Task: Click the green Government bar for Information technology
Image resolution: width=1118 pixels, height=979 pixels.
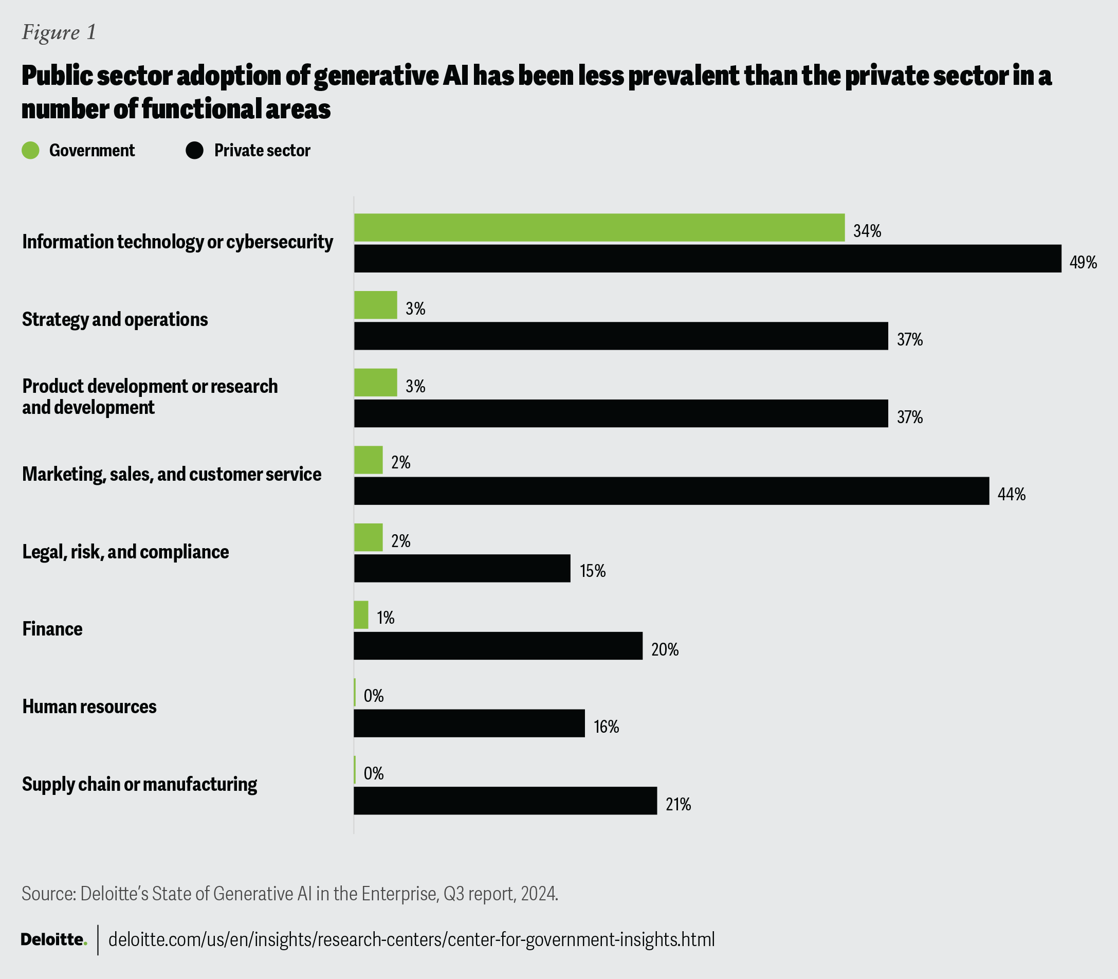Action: [x=599, y=227]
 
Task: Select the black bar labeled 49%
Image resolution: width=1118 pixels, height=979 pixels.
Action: [x=707, y=259]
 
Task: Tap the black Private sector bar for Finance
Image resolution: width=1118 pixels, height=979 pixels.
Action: [x=498, y=646]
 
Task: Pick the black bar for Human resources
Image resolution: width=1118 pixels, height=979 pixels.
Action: [x=469, y=723]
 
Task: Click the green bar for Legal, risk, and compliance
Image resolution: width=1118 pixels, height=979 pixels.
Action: [x=368, y=538]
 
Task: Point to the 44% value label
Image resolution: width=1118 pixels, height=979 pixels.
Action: [x=1012, y=495]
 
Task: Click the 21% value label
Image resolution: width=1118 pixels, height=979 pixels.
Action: [x=679, y=804]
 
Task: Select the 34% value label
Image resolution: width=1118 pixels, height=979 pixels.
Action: [x=867, y=231]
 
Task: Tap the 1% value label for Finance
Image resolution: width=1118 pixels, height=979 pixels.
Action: [x=385, y=618]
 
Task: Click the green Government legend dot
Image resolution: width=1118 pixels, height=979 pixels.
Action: [x=31, y=150]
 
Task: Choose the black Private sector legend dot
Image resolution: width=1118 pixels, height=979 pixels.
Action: [x=195, y=150]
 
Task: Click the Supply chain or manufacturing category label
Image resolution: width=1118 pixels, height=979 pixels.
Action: [x=139, y=784]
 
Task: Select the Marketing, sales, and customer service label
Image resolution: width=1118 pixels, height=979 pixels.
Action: [x=172, y=474]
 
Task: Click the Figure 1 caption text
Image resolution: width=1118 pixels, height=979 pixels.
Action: [x=59, y=32]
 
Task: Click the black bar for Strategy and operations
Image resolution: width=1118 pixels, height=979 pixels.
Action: [x=621, y=336]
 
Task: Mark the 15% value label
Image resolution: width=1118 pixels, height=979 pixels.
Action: [x=593, y=571]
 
